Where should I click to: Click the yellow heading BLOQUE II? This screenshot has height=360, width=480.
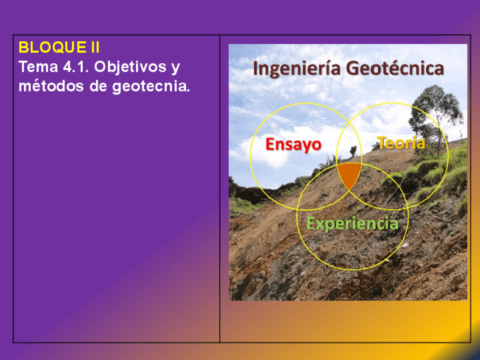tap(59, 48)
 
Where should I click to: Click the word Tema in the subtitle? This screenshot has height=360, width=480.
tap(38, 67)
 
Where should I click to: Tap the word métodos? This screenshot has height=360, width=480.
tap(52, 86)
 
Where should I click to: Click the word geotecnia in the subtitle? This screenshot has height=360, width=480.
tap(151, 87)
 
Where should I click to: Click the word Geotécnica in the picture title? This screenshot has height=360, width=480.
tap(395, 68)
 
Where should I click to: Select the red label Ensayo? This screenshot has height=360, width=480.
tap(294, 144)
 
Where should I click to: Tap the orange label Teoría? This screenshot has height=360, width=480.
tap(401, 143)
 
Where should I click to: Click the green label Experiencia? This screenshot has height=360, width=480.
tap(352, 223)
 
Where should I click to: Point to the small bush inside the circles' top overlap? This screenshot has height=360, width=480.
tap(353, 151)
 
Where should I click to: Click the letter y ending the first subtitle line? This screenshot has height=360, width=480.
tap(175, 69)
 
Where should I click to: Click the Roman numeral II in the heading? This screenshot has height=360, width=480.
tap(95, 48)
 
